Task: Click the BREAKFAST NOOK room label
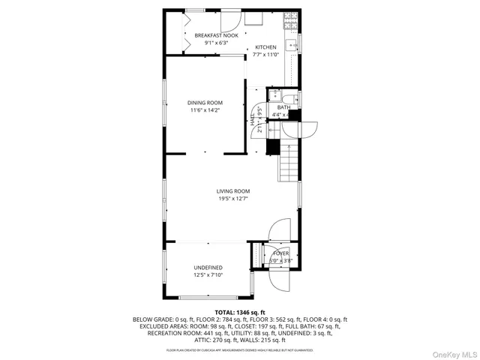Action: pos(215,35)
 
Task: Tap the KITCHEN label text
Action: pos(265,47)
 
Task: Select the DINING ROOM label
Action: pos(205,103)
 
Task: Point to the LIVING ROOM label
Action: pos(233,191)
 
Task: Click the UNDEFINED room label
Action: pos(208,268)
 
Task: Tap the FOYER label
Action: pos(280,253)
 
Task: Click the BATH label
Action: pos(283,107)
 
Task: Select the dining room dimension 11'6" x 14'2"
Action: pos(205,111)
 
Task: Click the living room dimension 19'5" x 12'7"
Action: pos(233,199)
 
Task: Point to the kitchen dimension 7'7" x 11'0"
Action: pos(265,55)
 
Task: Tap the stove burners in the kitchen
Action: pos(289,21)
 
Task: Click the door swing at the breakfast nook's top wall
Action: pos(230,21)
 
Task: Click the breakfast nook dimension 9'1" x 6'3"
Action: pos(215,43)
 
